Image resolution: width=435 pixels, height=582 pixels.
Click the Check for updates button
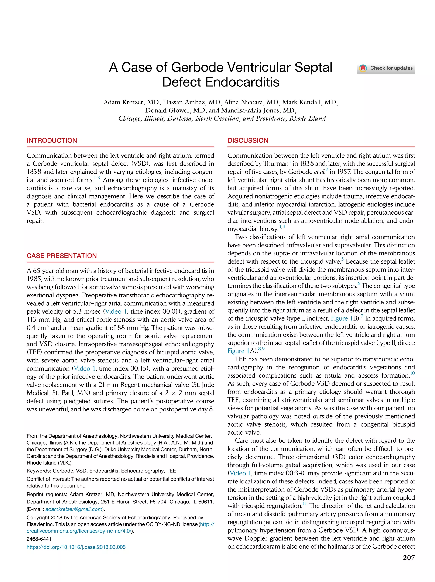tap(386, 68)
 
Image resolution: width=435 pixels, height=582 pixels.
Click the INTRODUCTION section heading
tap(52, 141)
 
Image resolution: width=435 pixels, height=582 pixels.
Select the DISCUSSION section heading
tap(248, 141)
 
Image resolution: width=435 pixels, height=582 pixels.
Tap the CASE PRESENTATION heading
tap(62, 256)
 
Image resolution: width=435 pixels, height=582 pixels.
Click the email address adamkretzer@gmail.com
tap(74, 509)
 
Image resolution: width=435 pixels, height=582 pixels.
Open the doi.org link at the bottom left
tap(76, 547)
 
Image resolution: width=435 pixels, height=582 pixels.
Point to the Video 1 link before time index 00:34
tap(240, 473)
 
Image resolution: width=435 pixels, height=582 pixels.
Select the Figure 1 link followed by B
tap(342, 319)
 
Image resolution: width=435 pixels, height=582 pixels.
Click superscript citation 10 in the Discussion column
tap(412, 373)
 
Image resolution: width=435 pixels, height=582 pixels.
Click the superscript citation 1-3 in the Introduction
tap(97, 178)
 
